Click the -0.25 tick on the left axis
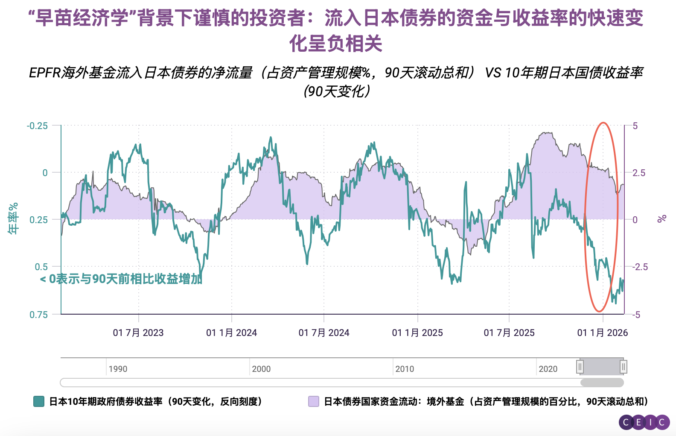[x=38, y=126]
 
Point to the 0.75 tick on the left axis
[x=39, y=315]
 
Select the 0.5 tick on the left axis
[x=41, y=267]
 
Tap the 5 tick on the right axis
[x=635, y=126]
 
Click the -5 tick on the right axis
[x=636, y=315]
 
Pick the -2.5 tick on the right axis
[x=640, y=267]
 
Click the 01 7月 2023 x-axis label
[x=138, y=333]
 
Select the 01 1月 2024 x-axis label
[x=231, y=333]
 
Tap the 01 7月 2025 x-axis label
[x=509, y=333]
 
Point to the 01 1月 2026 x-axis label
[x=602, y=333]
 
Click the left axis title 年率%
[x=13, y=218]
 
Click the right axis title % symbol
[x=662, y=219]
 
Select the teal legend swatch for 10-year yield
[x=39, y=401]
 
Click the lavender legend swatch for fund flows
[x=314, y=401]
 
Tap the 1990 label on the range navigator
[x=118, y=369]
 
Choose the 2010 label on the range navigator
[x=405, y=369]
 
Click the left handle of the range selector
[x=580, y=367]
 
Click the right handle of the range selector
[x=624, y=367]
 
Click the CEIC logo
[x=644, y=422]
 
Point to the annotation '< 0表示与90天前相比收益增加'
[x=121, y=279]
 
